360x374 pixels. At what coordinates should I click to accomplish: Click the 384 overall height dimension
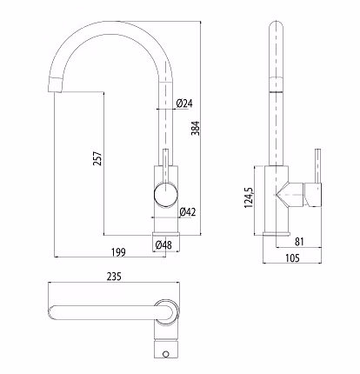pos(196,128)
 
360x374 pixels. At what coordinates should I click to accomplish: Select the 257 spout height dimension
pos(97,158)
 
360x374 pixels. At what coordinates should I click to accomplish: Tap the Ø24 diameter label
pos(184,104)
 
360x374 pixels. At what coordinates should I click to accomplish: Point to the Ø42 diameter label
pos(188,212)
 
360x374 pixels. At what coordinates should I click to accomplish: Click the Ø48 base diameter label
pos(163,245)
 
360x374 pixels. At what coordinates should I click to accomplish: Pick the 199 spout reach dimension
pos(119,252)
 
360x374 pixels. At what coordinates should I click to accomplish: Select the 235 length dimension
pos(114,277)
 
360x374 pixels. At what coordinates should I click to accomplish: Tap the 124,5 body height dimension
pos(249,197)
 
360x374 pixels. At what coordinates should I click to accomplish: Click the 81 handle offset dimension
pos(299,242)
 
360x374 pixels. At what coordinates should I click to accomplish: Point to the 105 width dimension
pos(292,257)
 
